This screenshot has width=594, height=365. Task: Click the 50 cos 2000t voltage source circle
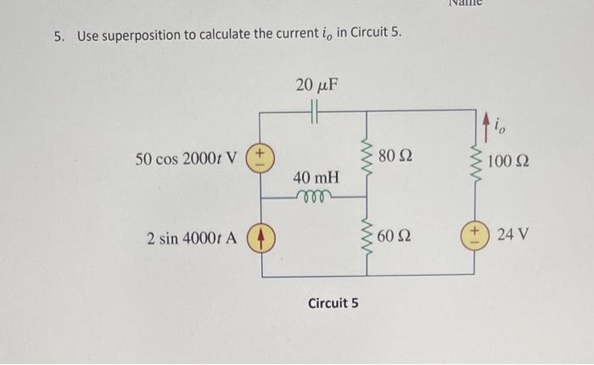coord(261,157)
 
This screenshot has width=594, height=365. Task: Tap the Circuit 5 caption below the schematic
coord(333,302)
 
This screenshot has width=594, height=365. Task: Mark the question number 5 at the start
coord(57,36)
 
